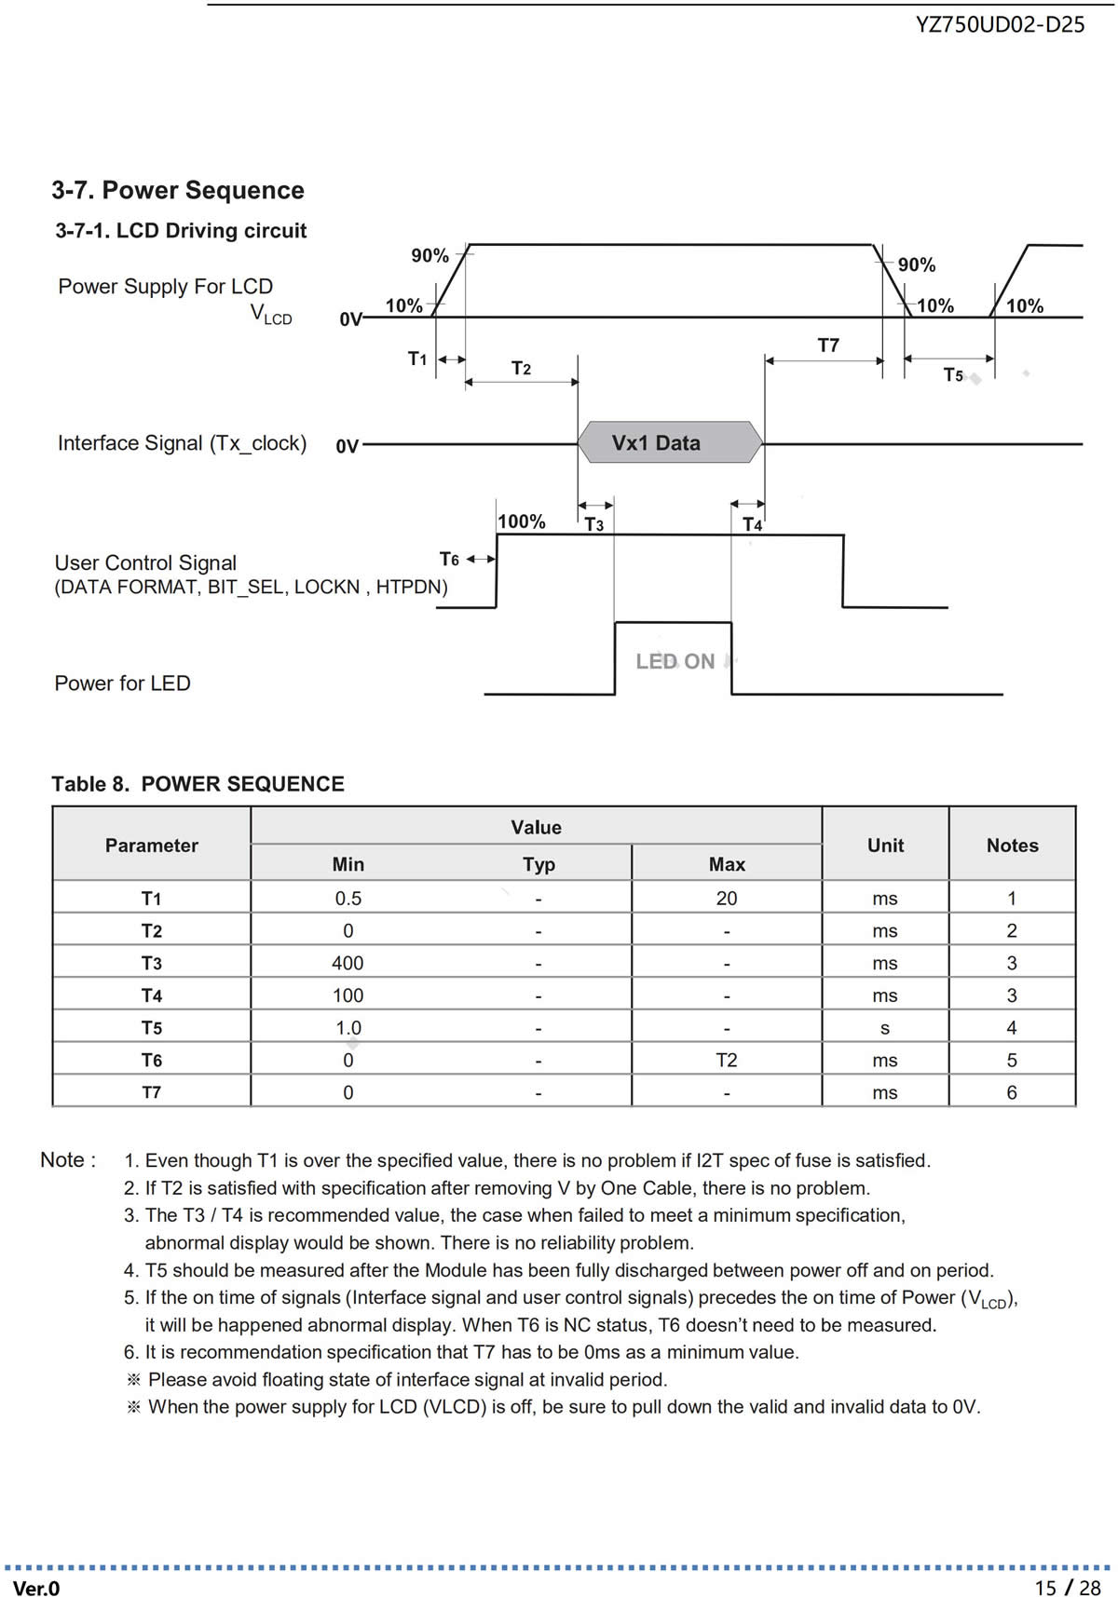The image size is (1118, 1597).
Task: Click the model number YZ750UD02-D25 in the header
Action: coord(1000,25)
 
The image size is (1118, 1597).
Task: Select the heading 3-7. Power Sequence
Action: coord(178,190)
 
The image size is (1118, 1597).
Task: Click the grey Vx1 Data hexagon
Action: coord(670,442)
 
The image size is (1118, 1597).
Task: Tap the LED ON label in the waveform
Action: coord(675,661)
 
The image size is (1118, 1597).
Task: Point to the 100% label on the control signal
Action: coord(522,521)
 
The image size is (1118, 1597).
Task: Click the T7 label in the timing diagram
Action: coord(828,345)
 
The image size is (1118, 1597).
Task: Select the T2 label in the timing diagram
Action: coord(521,369)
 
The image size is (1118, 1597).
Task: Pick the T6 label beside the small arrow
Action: coord(449,559)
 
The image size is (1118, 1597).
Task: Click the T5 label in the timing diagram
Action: coord(953,374)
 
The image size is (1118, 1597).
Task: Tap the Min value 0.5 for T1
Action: coord(348,899)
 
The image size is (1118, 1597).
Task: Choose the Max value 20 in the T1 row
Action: coord(727,899)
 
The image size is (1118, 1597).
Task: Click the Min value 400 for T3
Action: coord(348,963)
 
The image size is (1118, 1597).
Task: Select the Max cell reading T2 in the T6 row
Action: coord(727,1060)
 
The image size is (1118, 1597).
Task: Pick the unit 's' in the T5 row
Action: coord(885,1028)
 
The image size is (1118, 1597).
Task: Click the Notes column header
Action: coord(1012,846)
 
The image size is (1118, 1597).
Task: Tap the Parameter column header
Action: coord(152,846)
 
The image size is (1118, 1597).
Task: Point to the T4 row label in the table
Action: coord(152,995)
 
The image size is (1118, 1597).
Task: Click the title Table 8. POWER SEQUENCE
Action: coord(198,784)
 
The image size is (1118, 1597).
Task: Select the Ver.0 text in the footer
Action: coord(36,1589)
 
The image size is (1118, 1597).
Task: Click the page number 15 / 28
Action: coord(1068,1588)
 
